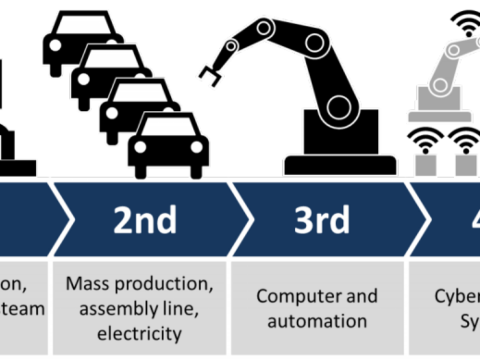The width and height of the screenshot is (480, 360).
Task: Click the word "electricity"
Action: click(139, 333)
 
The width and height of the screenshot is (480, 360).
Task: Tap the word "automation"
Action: click(317, 321)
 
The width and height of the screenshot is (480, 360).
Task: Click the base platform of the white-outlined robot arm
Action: click(340, 165)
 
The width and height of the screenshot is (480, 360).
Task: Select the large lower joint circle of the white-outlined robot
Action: click(340, 105)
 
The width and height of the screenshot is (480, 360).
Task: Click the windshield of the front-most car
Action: click(168, 127)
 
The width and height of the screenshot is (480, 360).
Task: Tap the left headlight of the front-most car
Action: click(140, 147)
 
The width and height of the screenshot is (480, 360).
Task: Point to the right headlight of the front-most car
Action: click(196, 147)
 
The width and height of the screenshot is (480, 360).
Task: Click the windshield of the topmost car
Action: click(83, 25)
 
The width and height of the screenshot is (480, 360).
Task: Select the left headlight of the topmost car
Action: click(55, 45)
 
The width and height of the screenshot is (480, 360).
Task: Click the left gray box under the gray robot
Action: click(425, 165)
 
